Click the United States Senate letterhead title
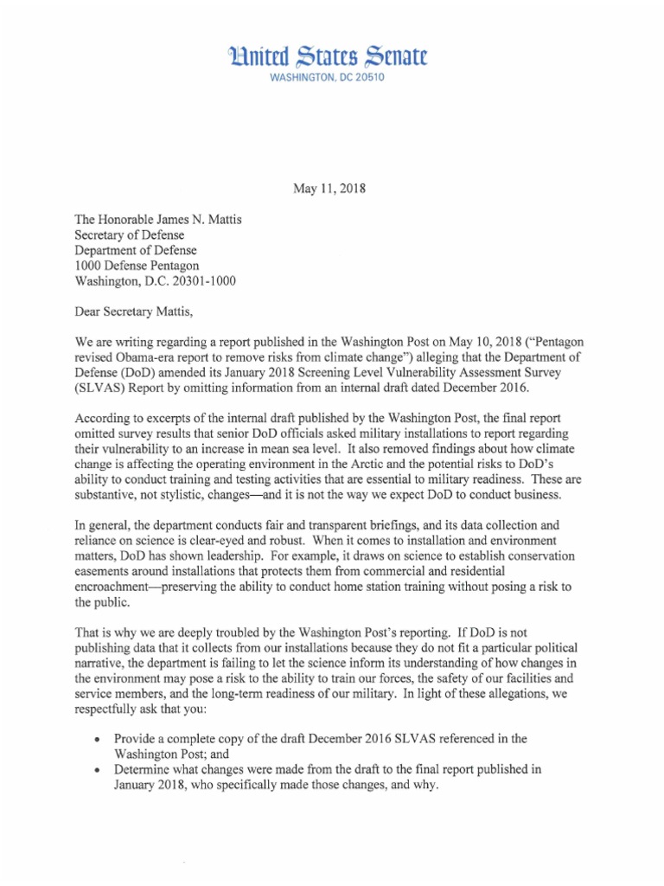pyautogui.click(x=333, y=57)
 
